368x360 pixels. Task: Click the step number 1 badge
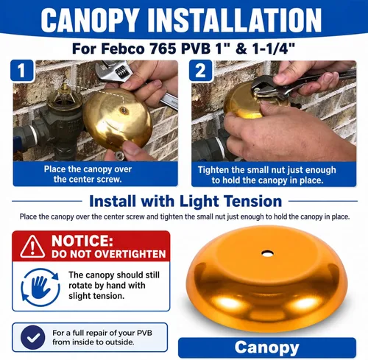tap(22, 71)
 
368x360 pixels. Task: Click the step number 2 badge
tap(200, 71)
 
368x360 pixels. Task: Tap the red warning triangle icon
tap(32, 247)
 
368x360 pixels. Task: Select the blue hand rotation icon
tap(40, 287)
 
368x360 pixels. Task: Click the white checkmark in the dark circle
tap(33, 337)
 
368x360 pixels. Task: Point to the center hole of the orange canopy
tap(267, 253)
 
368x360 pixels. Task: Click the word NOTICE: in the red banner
tap(82, 241)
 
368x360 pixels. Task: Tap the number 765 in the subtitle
tap(163, 49)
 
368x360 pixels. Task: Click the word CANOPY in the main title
tap(90, 20)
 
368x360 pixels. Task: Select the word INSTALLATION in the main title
tap(235, 20)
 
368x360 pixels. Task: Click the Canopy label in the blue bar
tap(267, 347)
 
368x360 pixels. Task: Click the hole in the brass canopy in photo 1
tap(124, 110)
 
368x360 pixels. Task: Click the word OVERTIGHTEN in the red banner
tap(127, 254)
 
